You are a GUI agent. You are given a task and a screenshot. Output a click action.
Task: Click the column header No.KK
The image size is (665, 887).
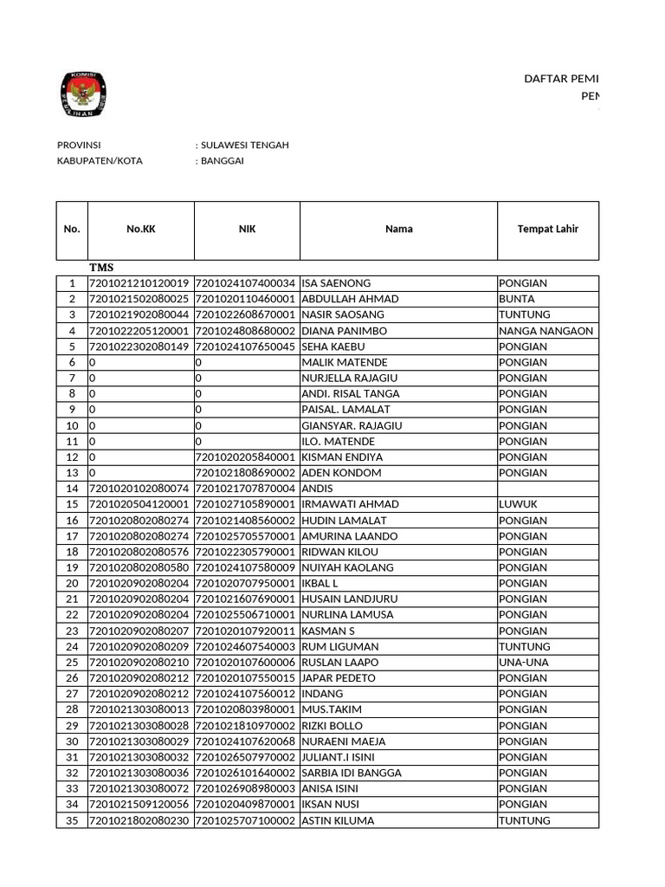(141, 230)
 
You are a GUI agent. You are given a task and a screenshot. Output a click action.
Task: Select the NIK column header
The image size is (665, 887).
(247, 230)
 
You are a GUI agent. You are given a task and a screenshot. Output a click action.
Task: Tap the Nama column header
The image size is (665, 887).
(398, 230)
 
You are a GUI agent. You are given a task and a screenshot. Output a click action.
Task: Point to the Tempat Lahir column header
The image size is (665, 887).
(547, 230)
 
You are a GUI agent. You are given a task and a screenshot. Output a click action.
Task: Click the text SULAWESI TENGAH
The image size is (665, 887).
(245, 145)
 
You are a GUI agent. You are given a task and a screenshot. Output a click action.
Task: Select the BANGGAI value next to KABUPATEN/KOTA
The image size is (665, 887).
(223, 160)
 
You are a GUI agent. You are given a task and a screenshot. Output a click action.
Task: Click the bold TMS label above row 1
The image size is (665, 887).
(101, 268)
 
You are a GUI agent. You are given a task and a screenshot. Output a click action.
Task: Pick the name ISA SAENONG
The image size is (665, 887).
(336, 283)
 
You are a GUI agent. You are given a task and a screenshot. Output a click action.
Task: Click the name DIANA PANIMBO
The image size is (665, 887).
(344, 331)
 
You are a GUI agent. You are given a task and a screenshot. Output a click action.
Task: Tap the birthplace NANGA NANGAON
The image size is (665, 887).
(546, 331)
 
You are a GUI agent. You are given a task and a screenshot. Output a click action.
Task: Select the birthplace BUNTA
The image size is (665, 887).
(516, 299)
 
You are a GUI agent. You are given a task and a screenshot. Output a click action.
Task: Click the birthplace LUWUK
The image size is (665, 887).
(518, 504)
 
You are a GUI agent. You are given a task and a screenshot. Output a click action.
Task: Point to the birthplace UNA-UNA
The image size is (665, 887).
(523, 662)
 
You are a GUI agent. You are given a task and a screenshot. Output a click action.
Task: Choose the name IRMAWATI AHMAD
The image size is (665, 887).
(350, 504)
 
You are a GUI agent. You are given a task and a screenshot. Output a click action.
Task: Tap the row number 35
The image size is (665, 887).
(72, 820)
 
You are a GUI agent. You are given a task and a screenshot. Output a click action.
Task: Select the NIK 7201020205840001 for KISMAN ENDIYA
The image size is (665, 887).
(246, 456)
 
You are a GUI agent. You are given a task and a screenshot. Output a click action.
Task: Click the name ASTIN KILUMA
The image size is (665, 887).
(338, 820)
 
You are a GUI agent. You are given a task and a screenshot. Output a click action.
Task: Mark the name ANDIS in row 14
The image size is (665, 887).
(317, 489)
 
